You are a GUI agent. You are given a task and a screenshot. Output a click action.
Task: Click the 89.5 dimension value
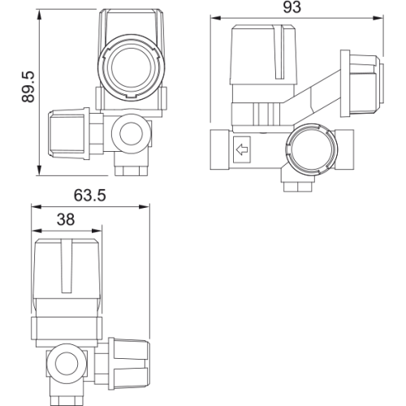coord(28,87)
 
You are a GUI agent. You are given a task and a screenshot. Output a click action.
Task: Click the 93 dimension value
coord(292,7)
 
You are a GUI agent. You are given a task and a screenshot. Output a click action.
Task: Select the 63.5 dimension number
coord(90,196)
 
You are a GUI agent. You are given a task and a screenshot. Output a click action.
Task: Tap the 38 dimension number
coord(66,219)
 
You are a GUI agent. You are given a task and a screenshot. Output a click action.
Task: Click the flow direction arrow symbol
coord(242,149)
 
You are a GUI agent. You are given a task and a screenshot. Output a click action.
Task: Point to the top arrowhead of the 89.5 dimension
coord(40,15)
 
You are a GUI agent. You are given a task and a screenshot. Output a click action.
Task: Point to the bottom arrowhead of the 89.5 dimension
coord(40,170)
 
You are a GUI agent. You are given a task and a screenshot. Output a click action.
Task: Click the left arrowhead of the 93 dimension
coord(216,18)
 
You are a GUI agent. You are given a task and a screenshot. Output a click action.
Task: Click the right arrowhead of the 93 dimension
coord(378,18)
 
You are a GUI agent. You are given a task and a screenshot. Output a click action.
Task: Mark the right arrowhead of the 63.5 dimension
coord(144,207)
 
